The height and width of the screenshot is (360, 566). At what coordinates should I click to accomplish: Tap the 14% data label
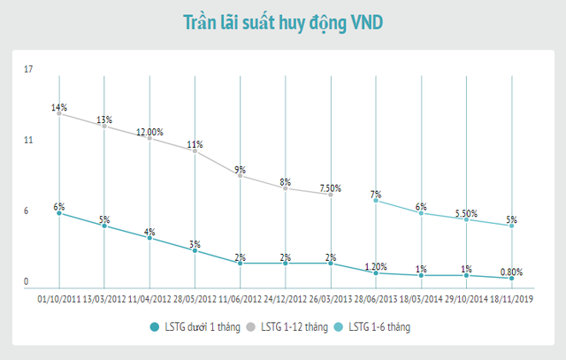pyautogui.click(x=59, y=107)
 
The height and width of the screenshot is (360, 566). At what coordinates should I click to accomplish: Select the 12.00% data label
pyautogui.click(x=150, y=132)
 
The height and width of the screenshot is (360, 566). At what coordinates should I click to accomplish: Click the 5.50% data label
pyautogui.click(x=466, y=213)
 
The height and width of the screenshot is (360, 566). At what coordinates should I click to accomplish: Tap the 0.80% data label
pyautogui.click(x=512, y=272)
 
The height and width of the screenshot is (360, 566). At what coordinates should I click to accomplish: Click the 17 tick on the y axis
pyautogui.click(x=27, y=69)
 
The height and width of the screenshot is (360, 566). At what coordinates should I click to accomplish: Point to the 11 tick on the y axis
pyautogui.click(x=27, y=140)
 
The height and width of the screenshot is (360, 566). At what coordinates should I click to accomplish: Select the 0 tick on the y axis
pyautogui.click(x=26, y=282)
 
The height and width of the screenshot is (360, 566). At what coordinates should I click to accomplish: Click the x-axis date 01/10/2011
pyautogui.click(x=59, y=299)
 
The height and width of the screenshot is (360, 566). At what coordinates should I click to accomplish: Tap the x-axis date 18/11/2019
pyautogui.click(x=512, y=299)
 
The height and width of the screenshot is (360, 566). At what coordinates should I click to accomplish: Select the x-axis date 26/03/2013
pyautogui.click(x=331, y=299)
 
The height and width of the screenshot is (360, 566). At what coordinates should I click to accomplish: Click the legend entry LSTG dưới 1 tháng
pyautogui.click(x=196, y=327)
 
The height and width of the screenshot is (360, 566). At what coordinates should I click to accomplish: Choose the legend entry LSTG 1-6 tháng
pyautogui.click(x=379, y=327)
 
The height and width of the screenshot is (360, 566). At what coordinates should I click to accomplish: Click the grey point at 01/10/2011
pyautogui.click(x=59, y=113)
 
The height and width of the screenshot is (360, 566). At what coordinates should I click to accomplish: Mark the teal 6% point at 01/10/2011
pyautogui.click(x=59, y=213)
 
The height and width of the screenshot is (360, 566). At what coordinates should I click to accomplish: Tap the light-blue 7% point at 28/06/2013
pyautogui.click(x=377, y=201)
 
